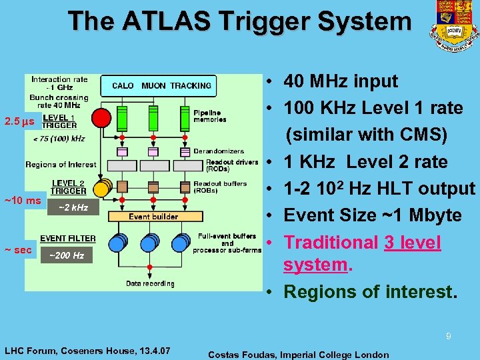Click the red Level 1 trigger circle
(x=101, y=118)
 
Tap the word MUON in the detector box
(x=154, y=85)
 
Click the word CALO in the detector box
(x=123, y=85)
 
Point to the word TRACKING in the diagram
(x=191, y=85)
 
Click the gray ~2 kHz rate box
(x=73, y=208)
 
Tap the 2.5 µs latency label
(x=19, y=122)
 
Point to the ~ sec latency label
(x=18, y=250)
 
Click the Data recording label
(x=150, y=283)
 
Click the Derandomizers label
(x=219, y=151)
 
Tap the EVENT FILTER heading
(x=68, y=238)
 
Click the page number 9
(x=448, y=337)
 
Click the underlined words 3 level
(x=413, y=243)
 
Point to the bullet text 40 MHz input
(x=341, y=81)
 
